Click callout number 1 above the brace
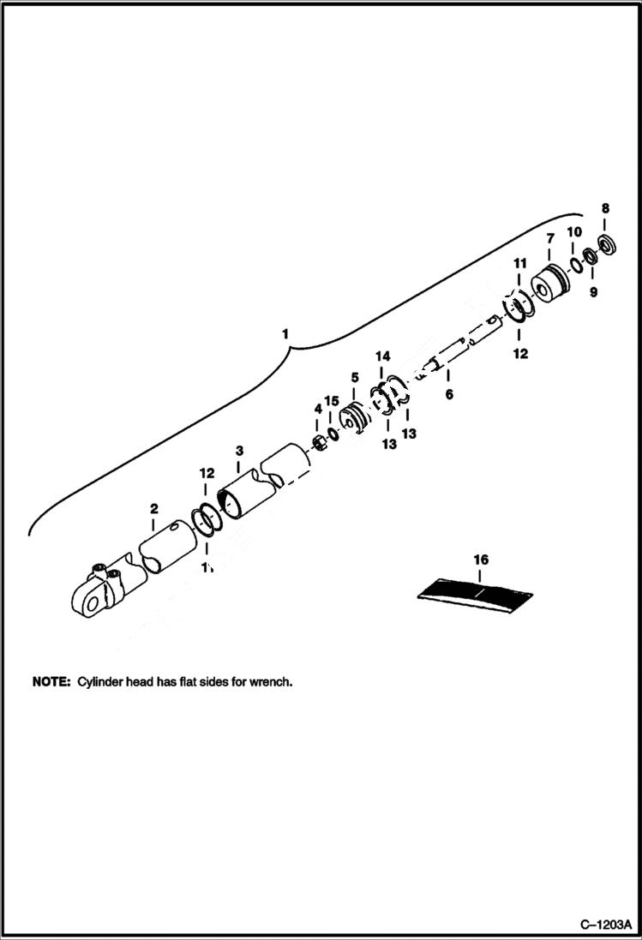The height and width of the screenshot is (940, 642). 287,332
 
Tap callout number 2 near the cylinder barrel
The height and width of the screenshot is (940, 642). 153,509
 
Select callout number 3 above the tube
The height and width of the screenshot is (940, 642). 239,450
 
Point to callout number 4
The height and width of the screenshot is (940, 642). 317,410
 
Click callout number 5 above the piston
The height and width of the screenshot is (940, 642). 354,377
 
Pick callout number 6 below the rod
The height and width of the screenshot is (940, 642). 448,395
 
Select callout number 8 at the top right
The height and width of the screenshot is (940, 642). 605,208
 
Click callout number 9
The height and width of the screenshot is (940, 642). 593,292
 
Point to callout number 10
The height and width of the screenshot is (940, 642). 573,232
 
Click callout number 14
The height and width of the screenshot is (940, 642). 382,356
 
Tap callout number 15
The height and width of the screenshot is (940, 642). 332,401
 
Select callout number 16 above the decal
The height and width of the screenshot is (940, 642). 481,560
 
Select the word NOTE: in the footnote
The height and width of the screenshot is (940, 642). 51,683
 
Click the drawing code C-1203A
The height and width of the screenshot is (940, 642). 605,925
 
